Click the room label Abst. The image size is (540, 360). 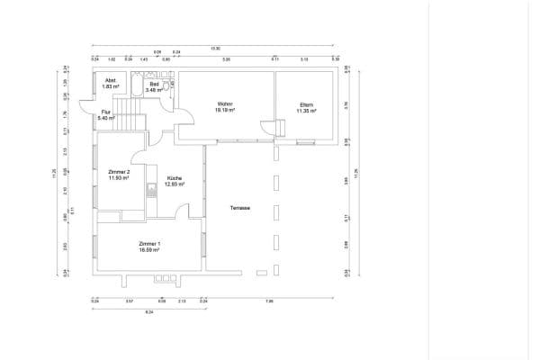(110, 80)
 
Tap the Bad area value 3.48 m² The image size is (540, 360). (154, 90)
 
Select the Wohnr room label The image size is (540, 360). (225, 104)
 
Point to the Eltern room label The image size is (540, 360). (307, 104)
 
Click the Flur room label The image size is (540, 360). (105, 112)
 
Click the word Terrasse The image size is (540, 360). (239, 208)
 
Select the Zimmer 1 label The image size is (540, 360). (149, 244)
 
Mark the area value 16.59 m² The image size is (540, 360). (149, 250)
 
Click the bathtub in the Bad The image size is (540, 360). (134, 87)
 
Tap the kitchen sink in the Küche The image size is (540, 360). (151, 190)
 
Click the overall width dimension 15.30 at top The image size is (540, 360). (215, 48)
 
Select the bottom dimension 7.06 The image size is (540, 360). (269, 301)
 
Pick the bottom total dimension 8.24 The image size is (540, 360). (149, 310)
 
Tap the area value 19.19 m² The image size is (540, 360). (225, 110)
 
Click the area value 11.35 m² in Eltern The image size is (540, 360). (307, 110)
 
